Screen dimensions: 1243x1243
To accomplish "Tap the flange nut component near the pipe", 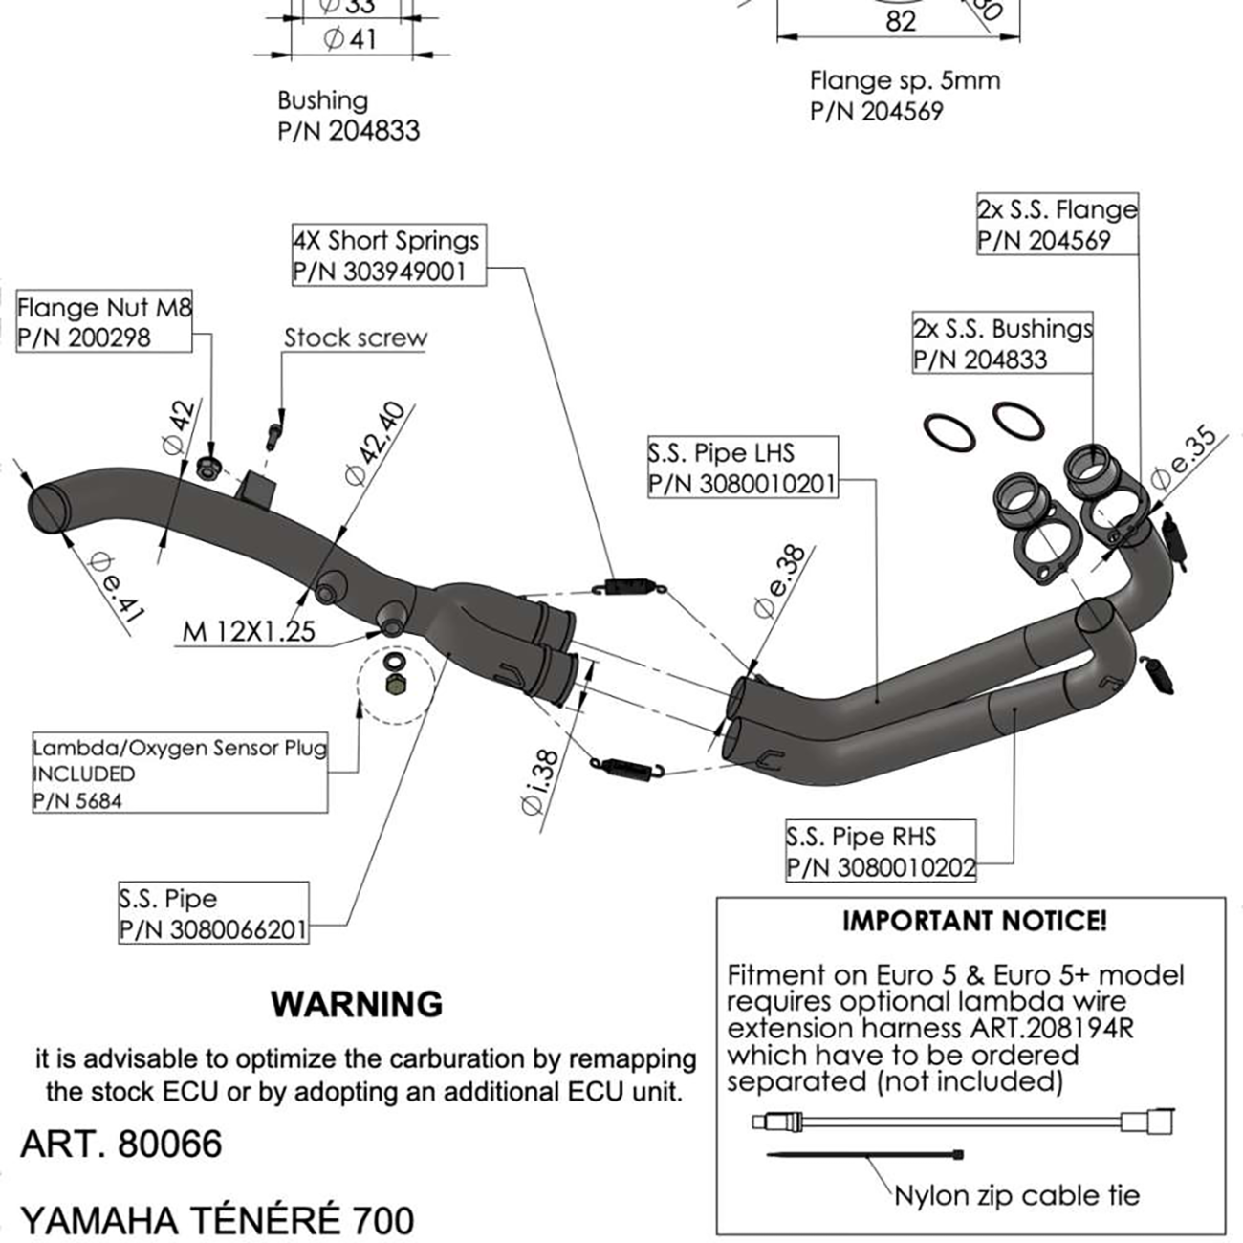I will tap(209, 468).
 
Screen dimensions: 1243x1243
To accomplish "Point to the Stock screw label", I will tap(355, 338).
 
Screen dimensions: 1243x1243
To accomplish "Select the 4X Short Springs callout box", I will tap(386, 255).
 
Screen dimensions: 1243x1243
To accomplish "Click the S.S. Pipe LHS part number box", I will tap(742, 468).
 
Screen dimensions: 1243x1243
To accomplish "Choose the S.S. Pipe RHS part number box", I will tap(881, 852).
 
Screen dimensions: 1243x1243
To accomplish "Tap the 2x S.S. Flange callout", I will tap(1057, 225).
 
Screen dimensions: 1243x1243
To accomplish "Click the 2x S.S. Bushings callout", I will tap(1001, 344).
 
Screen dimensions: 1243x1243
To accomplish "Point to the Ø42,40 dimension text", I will tap(375, 444).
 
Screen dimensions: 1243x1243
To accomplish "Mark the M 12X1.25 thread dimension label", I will tap(249, 631).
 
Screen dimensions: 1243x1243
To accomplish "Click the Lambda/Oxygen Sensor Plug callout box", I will tap(179, 774).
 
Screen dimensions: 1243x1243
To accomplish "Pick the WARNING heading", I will tap(357, 1004).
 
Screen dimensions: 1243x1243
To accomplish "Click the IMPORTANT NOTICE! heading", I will tap(974, 921).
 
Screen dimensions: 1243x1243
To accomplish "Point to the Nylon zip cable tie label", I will tap(1016, 1195).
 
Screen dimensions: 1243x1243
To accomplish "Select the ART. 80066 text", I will tap(121, 1144).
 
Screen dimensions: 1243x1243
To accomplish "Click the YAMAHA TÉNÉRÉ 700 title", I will tap(217, 1220).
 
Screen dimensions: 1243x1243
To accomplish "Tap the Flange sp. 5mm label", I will tap(904, 96).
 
